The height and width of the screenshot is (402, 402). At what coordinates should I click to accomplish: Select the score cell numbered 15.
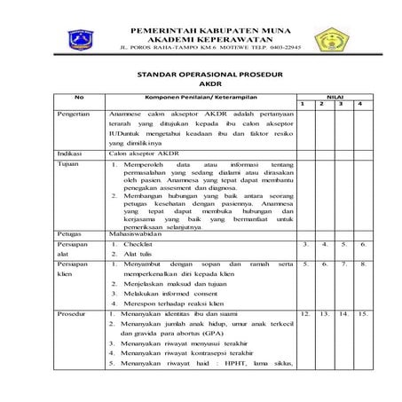point(361,313)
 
